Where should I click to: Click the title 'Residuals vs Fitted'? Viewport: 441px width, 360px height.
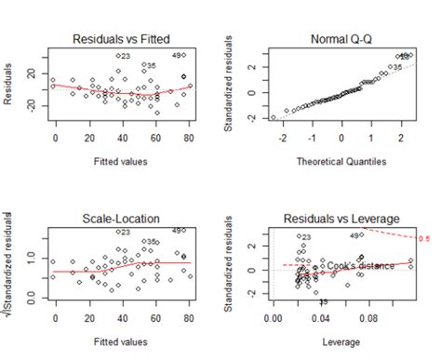pyautogui.click(x=122, y=38)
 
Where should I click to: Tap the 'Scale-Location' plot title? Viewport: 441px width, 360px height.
pyautogui.click(x=122, y=219)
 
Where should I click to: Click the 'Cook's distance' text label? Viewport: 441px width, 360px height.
pyautogui.click(x=361, y=265)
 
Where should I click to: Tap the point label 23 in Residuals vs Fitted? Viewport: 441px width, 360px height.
pyautogui.click(x=123, y=57)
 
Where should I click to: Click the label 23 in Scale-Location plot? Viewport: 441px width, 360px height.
pyautogui.click(x=123, y=233)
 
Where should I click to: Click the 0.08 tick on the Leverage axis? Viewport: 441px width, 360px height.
pyautogui.click(x=369, y=317)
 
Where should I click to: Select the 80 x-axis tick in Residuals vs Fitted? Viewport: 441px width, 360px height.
pyautogui.click(x=190, y=137)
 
